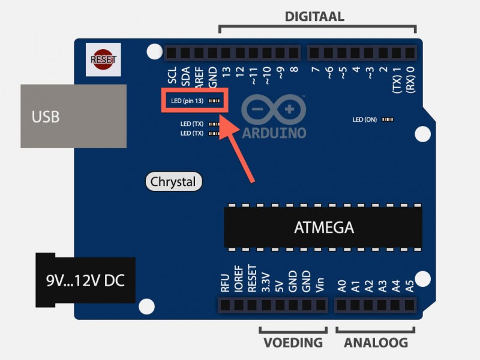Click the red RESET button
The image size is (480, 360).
pyautogui.click(x=103, y=59)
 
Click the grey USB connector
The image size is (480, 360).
pyautogui.click(x=73, y=116)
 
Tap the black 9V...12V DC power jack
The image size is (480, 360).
pyautogui.click(x=85, y=280)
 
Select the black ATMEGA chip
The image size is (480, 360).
pyautogui.click(x=323, y=227)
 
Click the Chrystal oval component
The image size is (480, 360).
pyautogui.click(x=173, y=181)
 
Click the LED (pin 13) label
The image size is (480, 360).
pyautogui.click(x=187, y=101)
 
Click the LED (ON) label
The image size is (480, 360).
pyautogui.click(x=365, y=119)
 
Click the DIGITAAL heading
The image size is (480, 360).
pyautogui.click(x=314, y=17)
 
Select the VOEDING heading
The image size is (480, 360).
pyautogui.click(x=293, y=343)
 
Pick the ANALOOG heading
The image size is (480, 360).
pyautogui.click(x=376, y=343)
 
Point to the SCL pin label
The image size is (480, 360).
pyautogui.click(x=173, y=75)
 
